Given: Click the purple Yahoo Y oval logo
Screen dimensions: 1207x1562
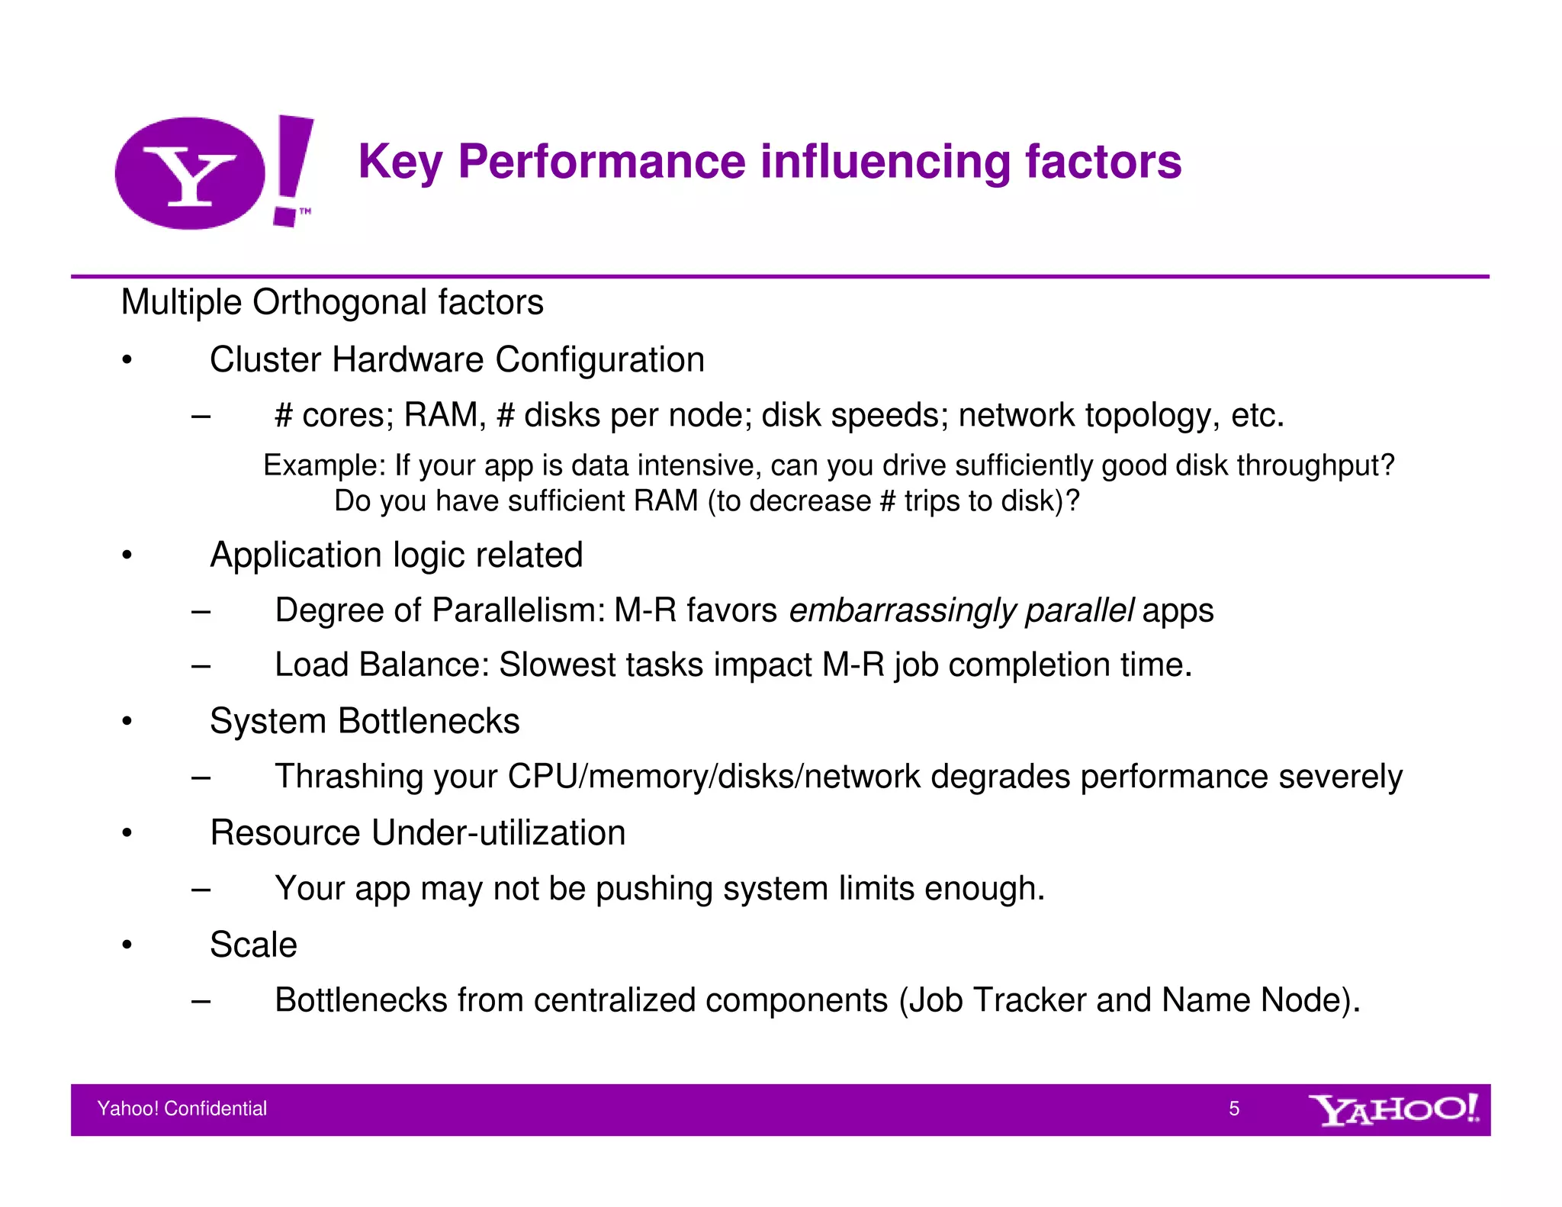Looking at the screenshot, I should coord(190,173).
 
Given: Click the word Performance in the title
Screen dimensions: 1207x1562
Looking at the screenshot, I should coord(601,162).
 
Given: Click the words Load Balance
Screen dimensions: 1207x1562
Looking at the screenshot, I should coord(381,665).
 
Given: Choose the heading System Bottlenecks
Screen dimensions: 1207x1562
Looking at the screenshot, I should coord(364,721).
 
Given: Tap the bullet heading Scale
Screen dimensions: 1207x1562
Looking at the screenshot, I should coord(253,945).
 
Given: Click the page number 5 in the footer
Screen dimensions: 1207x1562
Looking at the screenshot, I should coord(1233,1109).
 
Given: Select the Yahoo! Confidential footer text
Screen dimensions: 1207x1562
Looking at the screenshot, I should coord(182,1109).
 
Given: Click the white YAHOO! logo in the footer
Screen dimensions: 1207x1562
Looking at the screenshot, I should coord(1393,1110).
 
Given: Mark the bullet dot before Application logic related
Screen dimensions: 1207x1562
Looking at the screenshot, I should coord(127,555).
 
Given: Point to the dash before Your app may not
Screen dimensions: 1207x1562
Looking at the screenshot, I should coord(201,889).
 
